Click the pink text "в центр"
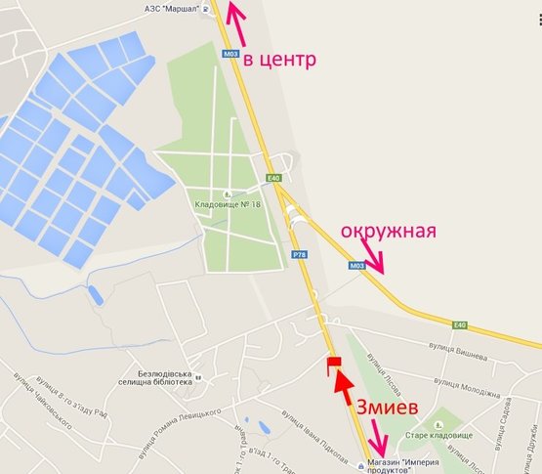coord(279,60)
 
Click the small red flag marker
coord(333,364)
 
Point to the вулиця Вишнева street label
coord(463,344)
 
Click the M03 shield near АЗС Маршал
coord(230,54)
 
